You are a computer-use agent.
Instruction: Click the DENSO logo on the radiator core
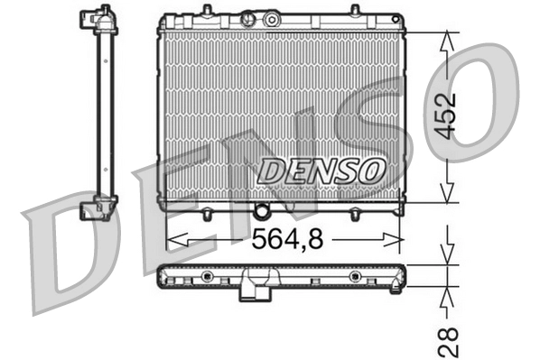pyautogui.click(x=322, y=169)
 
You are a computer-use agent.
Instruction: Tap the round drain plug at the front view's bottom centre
pyautogui.click(x=263, y=212)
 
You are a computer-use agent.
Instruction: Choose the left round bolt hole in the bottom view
pyautogui.click(x=208, y=275)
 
